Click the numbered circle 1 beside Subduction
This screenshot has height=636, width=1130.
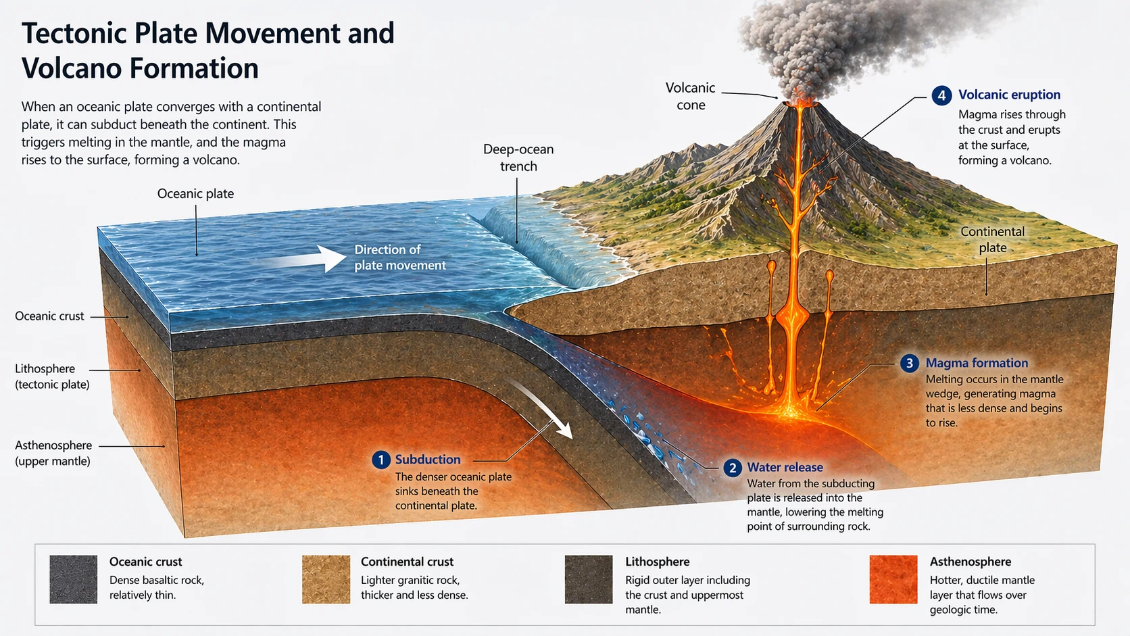tap(381, 460)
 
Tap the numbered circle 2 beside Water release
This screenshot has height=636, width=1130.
tap(733, 468)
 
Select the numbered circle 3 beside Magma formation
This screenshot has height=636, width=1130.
tap(910, 363)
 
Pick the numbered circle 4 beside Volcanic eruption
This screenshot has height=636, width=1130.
tap(941, 95)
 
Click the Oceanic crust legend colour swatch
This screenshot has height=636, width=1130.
tap(74, 579)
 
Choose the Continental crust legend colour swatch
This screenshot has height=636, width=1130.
tap(326, 579)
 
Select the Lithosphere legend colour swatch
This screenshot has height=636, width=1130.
tap(589, 579)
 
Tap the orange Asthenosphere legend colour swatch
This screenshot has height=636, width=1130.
tap(893, 579)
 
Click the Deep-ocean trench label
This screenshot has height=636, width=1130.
tap(518, 157)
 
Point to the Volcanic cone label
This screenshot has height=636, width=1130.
tap(690, 96)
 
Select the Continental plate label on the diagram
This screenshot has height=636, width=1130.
tap(992, 239)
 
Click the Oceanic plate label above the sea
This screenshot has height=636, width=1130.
tap(195, 194)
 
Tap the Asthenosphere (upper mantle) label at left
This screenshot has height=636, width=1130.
tap(53, 453)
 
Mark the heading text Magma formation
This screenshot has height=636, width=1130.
tap(977, 363)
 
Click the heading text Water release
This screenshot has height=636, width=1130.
tap(785, 467)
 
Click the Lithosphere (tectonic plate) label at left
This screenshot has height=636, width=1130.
tap(51, 376)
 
